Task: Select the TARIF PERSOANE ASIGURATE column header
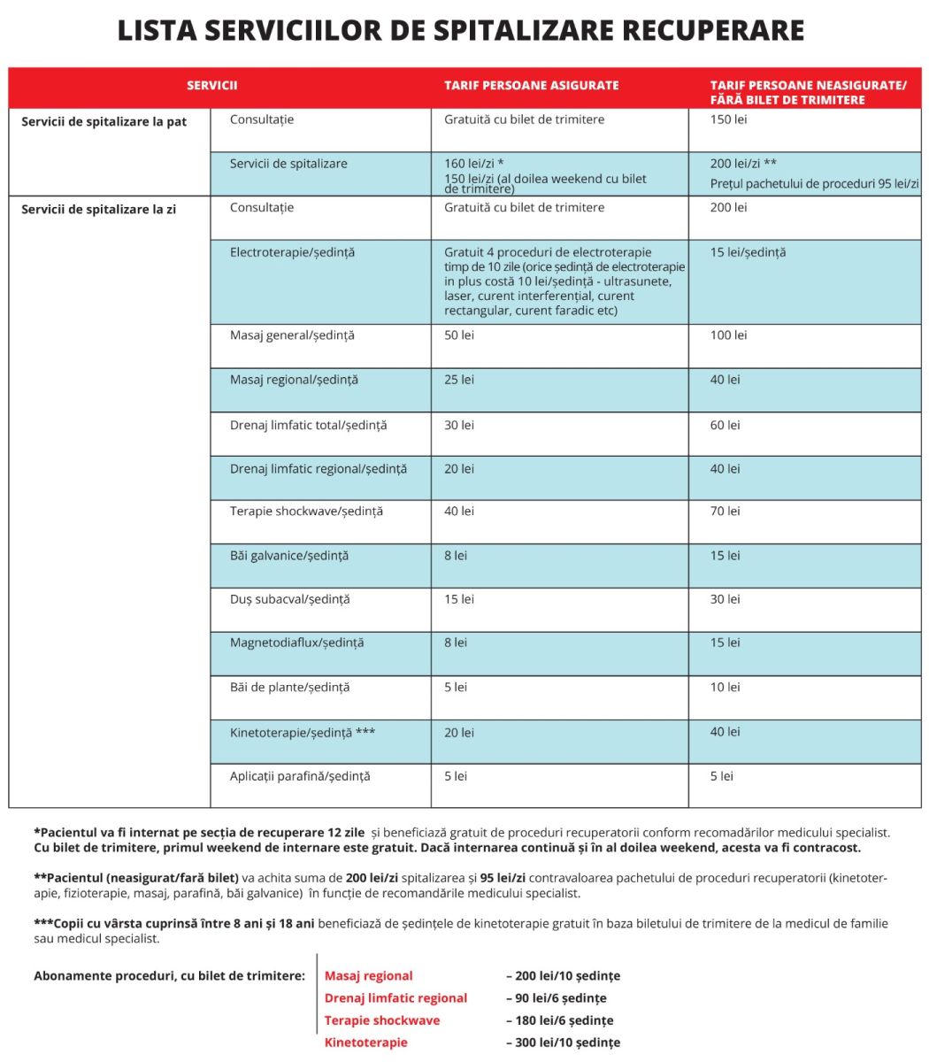(531, 86)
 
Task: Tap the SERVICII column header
(212, 86)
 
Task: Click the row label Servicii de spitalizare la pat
(104, 122)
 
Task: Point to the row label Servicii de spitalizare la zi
(98, 210)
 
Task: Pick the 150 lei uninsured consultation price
(728, 119)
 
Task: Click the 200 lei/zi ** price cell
(743, 164)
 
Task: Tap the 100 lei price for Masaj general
(728, 335)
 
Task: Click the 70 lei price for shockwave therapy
(725, 512)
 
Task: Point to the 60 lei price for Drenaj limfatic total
(725, 425)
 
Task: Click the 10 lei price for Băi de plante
(725, 687)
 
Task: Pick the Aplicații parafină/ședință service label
(300, 776)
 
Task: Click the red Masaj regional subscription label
(368, 976)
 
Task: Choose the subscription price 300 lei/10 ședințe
(563, 1043)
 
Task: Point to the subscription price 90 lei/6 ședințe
(556, 998)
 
